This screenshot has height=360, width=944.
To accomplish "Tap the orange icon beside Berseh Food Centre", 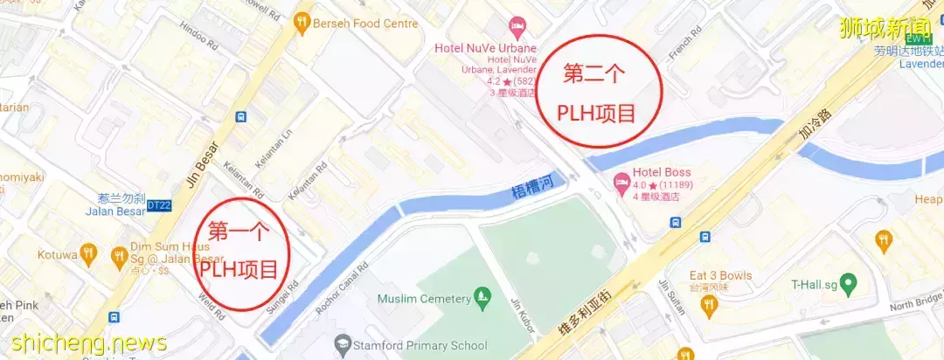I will tap(302, 23).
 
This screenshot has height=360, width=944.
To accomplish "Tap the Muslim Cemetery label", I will tap(424, 299).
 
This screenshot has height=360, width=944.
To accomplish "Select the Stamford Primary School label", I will tap(420, 346).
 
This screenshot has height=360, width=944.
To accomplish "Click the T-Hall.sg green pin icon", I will tap(847, 284).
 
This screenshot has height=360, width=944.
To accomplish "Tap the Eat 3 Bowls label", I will tap(720, 275).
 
